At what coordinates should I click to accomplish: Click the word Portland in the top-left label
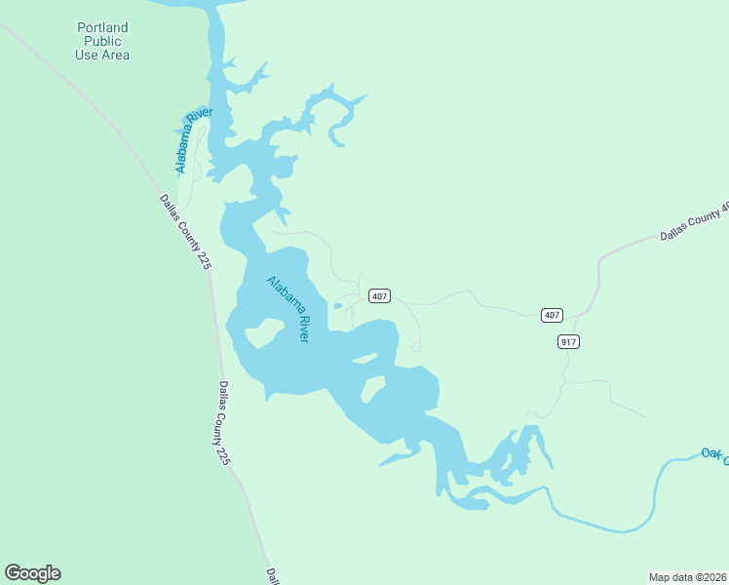click(x=102, y=27)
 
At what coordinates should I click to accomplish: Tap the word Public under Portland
click(x=102, y=41)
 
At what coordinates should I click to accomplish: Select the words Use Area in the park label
click(x=102, y=55)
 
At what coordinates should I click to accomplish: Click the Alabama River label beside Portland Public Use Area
click(x=194, y=141)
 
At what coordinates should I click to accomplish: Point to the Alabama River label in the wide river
click(x=288, y=309)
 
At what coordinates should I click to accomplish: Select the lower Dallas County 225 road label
click(x=223, y=422)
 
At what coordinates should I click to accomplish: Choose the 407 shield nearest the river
click(x=380, y=295)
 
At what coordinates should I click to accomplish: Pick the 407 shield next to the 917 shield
click(x=552, y=315)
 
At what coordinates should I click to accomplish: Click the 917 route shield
click(x=569, y=341)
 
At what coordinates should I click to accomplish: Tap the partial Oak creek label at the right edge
click(x=714, y=453)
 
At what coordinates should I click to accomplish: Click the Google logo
click(x=32, y=573)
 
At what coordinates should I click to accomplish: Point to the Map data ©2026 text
click(x=687, y=577)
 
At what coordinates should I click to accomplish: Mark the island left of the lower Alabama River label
click(x=261, y=333)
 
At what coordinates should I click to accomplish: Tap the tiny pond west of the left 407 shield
click(x=338, y=306)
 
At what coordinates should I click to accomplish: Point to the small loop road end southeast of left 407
click(x=416, y=346)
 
